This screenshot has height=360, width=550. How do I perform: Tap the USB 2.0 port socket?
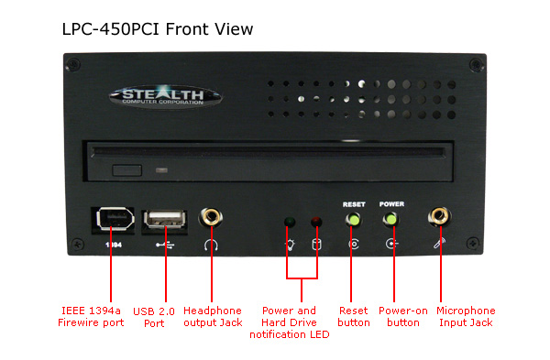coord(164,220)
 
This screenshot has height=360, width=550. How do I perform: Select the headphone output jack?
coord(211,217)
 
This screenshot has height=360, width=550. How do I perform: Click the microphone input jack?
coord(440,216)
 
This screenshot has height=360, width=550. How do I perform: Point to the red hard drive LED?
coord(316,222)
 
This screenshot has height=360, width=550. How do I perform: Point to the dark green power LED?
coord(290,222)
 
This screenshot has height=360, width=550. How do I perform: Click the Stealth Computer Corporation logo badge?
coord(165,95)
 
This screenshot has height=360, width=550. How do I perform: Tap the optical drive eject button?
coord(127,170)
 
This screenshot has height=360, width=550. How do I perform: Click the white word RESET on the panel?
coord(354,204)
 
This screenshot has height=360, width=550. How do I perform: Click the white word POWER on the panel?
coord(391,204)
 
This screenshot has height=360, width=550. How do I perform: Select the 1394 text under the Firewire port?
coord(114,245)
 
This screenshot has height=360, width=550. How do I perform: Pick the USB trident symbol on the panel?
coord(165,245)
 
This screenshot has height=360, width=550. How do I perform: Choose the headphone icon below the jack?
coord(211,245)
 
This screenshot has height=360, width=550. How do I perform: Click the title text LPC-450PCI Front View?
coord(158,28)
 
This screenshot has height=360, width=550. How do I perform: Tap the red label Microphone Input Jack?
coord(466,317)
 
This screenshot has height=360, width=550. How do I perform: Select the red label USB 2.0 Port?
coord(154,317)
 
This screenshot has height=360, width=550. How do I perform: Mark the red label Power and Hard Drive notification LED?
coord(290,322)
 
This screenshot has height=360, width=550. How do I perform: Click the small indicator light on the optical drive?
coord(161,170)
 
